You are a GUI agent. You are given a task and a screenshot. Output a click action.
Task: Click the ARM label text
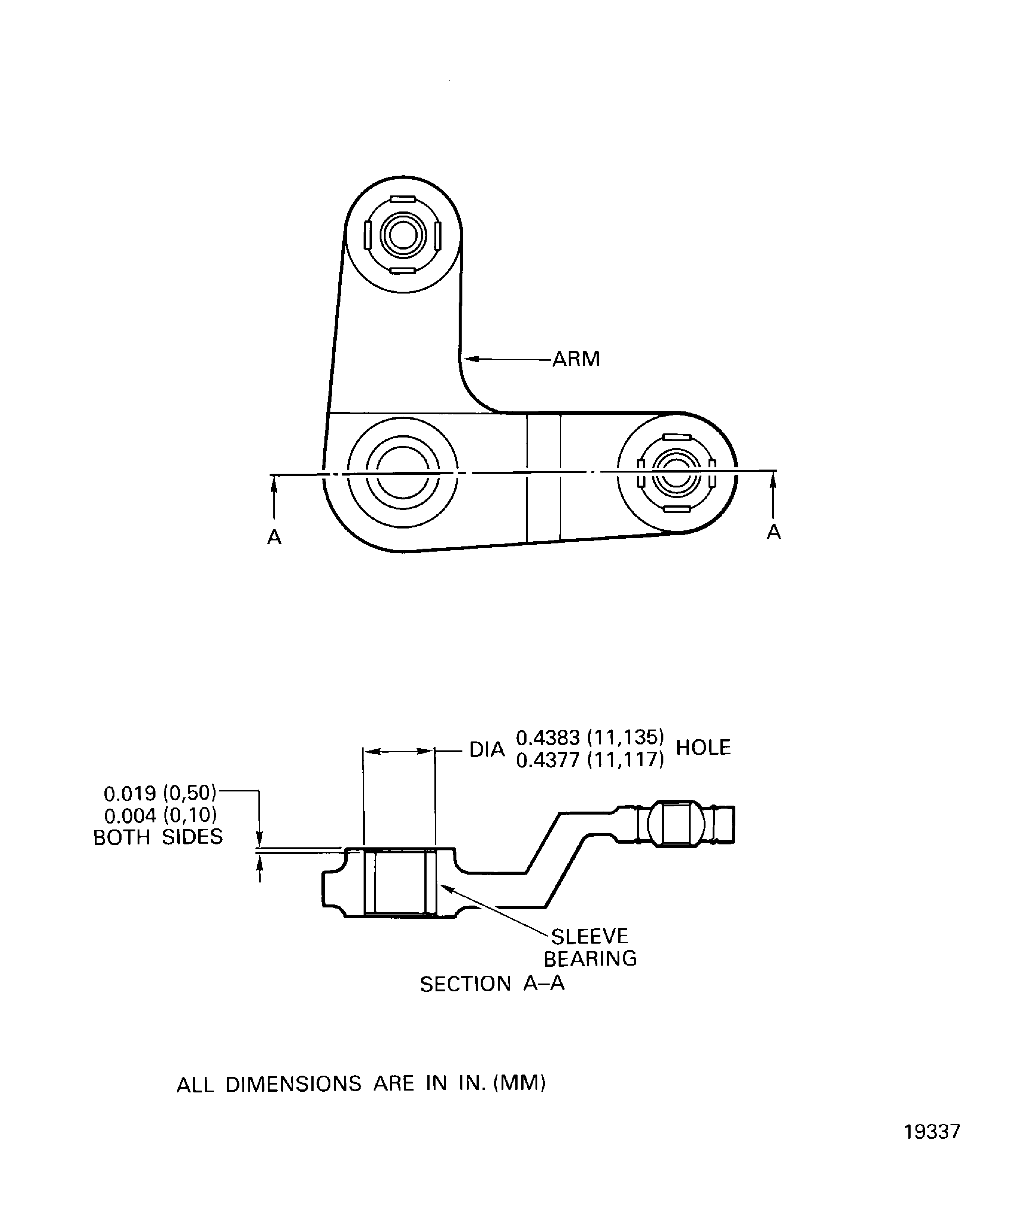(576, 359)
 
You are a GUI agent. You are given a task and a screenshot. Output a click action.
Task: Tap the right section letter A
(773, 532)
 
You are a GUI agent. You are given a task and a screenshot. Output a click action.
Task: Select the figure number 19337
(931, 1148)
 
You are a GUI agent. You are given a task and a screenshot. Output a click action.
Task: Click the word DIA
(487, 750)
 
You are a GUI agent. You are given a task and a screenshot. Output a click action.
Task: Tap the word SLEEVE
(589, 937)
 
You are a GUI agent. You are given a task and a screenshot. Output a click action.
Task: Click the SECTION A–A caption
(492, 984)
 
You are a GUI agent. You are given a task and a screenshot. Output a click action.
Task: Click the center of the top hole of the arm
(403, 235)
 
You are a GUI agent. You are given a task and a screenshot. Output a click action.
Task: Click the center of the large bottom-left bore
(403, 473)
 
